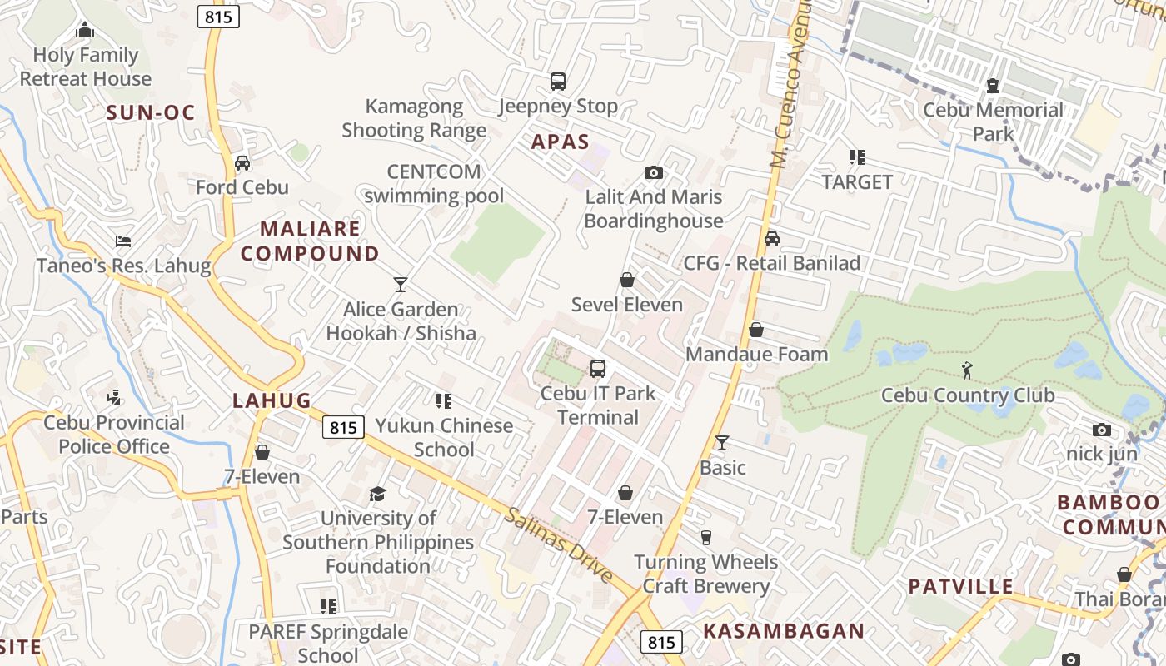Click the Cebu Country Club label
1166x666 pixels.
pyautogui.click(x=968, y=395)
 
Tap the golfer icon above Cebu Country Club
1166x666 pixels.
pyautogui.click(x=967, y=370)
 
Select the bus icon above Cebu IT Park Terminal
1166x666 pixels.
pyautogui.click(x=597, y=369)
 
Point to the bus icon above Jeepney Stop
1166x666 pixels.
pyautogui.click(x=558, y=82)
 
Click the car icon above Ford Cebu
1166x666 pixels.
pyautogui.click(x=242, y=163)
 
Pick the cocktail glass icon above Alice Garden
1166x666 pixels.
pyautogui.click(x=401, y=285)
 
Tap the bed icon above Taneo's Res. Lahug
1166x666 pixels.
pyautogui.click(x=123, y=242)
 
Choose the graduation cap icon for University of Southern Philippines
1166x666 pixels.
pyautogui.click(x=378, y=495)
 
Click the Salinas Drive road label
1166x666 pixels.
pyautogui.click(x=558, y=545)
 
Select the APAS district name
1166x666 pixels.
pyautogui.click(x=561, y=142)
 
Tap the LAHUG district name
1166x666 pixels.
pyautogui.click(x=272, y=400)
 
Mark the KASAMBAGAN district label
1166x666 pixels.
pyautogui.click(x=783, y=630)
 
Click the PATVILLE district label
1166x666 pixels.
pyautogui.click(x=961, y=586)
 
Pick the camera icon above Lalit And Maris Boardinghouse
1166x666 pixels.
pyautogui.click(x=654, y=173)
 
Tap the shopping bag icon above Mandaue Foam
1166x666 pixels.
pyautogui.click(x=756, y=331)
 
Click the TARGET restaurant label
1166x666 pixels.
pyautogui.click(x=857, y=181)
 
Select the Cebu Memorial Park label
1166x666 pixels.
pyautogui.click(x=993, y=122)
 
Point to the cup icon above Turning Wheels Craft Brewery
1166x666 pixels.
pyautogui.click(x=706, y=538)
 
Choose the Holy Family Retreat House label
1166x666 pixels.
pyautogui.click(x=86, y=67)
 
